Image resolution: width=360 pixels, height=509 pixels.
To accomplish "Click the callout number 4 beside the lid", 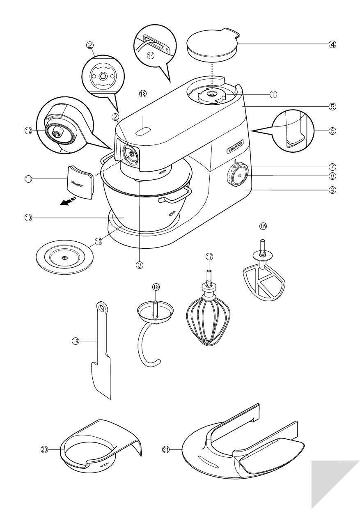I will [x=332, y=44].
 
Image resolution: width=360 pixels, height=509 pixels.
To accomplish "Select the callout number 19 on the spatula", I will [x=76, y=341].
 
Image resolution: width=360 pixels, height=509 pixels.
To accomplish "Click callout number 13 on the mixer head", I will [x=142, y=94].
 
